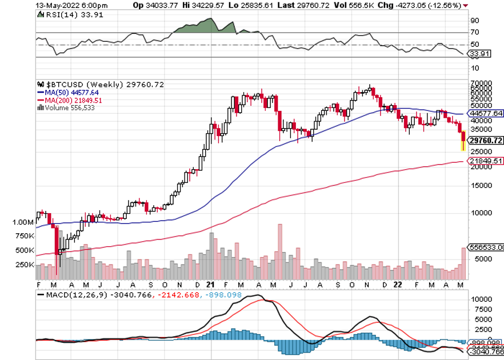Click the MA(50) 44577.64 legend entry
(x=68, y=93)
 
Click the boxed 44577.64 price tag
(x=486, y=113)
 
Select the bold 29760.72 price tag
(x=486, y=141)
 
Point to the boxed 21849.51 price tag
(x=486, y=161)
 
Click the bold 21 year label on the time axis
(x=210, y=284)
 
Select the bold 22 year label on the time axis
(x=399, y=284)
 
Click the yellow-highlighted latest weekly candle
(x=463, y=141)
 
